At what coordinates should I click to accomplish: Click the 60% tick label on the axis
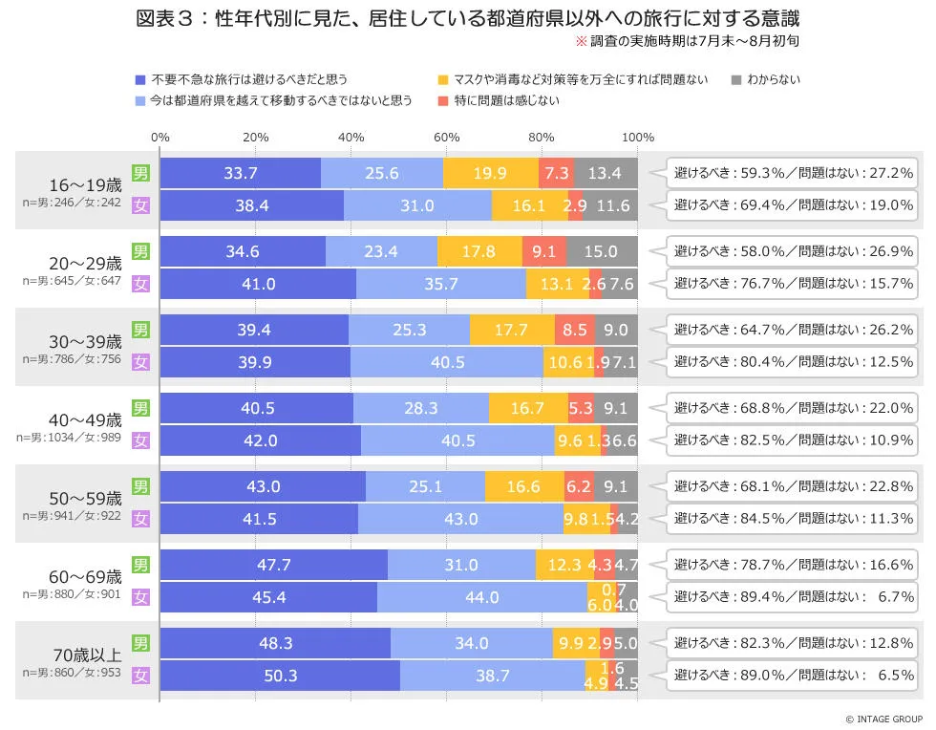[x=447, y=137]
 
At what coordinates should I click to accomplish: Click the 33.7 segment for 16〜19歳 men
[x=241, y=173]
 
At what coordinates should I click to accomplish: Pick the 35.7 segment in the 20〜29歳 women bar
[x=441, y=284]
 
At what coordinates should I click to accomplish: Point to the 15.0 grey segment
[x=602, y=251]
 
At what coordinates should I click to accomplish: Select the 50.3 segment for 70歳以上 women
[x=280, y=675]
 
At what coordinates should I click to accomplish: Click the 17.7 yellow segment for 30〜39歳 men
[x=512, y=330]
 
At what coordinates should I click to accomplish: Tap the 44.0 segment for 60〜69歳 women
[x=481, y=597]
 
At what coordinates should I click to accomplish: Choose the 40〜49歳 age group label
[x=86, y=419]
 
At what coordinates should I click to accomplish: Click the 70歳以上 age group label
[x=86, y=655]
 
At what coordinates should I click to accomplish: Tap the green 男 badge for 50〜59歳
[x=140, y=486]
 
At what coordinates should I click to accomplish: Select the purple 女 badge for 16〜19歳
[x=140, y=204]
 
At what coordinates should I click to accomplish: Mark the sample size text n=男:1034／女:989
[x=69, y=437]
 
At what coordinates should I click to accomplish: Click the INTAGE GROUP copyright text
[x=883, y=719]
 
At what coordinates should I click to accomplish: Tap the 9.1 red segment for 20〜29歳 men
[x=544, y=251]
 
